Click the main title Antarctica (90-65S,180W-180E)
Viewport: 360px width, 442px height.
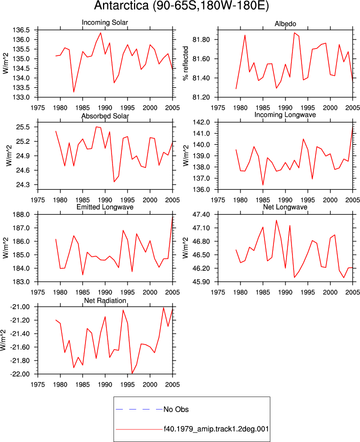click(x=181, y=6)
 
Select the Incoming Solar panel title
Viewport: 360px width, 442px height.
click(x=105, y=22)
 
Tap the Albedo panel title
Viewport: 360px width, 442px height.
click(x=285, y=23)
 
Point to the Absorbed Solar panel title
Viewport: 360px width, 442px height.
click(x=105, y=116)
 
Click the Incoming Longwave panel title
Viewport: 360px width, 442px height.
click(x=285, y=115)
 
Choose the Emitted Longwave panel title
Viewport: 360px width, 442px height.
click(x=105, y=207)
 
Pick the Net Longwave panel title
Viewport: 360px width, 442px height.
click(x=285, y=207)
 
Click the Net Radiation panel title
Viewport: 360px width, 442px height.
click(x=105, y=301)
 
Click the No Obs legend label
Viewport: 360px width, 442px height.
click(x=176, y=410)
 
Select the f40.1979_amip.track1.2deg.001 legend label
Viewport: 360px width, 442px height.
click(x=216, y=429)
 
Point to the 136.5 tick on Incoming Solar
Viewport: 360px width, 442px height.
click(x=21, y=30)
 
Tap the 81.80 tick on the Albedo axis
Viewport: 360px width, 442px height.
click(x=201, y=40)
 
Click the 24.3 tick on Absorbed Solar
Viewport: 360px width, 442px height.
click(x=23, y=185)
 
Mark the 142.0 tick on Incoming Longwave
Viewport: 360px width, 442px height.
click(x=201, y=122)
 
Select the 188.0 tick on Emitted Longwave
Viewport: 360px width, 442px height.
click(x=21, y=215)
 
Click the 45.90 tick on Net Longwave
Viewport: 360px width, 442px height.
click(x=201, y=282)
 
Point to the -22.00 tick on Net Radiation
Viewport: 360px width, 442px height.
click(x=19, y=375)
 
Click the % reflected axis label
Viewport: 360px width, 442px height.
click(x=185, y=63)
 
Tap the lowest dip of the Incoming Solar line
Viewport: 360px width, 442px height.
click(x=73, y=92)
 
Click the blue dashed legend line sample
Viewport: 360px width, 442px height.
click(x=139, y=409)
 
